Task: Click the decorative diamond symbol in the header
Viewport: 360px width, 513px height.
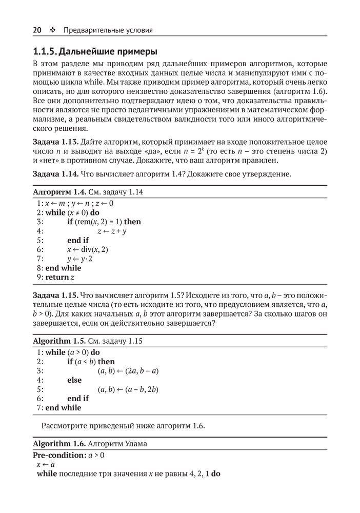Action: coord(53,30)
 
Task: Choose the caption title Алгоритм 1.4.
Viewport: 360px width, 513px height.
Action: coord(59,192)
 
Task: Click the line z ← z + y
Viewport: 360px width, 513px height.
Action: coord(112,231)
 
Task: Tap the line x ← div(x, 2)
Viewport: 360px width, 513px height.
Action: coord(88,249)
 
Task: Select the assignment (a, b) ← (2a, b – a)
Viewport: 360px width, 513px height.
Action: coord(128,370)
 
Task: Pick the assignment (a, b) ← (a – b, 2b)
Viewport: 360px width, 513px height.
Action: coord(128,389)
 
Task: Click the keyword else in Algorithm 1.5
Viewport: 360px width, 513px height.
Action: coord(74,380)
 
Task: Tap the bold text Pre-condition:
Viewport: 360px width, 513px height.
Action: coord(59,455)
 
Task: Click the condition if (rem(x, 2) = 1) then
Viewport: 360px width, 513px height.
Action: coord(104,222)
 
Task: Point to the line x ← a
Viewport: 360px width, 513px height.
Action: coord(45,464)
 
